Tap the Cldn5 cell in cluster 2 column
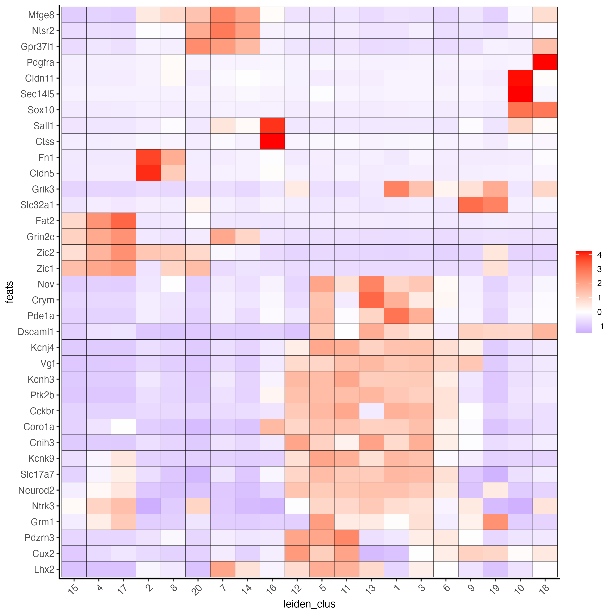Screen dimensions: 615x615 [148, 173]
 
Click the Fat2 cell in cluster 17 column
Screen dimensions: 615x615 [123, 220]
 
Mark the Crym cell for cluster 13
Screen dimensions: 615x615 [371, 300]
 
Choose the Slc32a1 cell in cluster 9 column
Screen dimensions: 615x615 [471, 205]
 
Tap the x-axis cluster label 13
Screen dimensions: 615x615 [371, 589]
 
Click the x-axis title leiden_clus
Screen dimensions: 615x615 [309, 604]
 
